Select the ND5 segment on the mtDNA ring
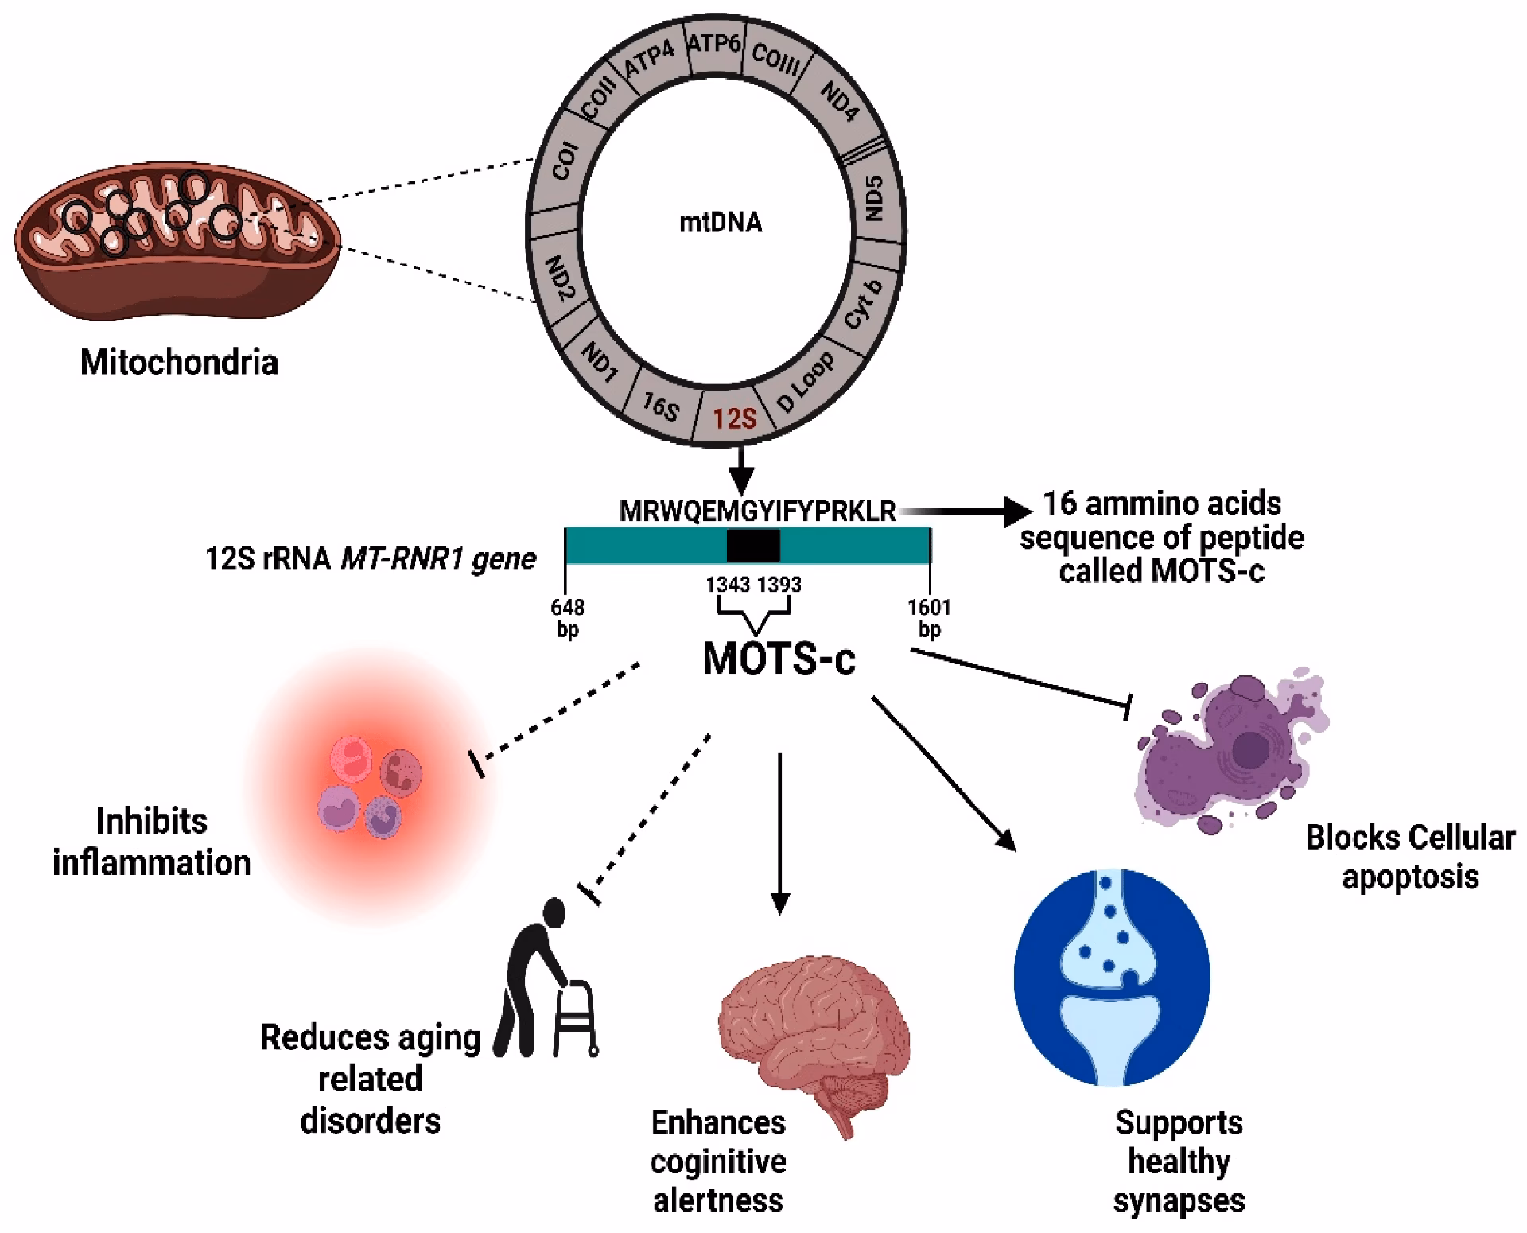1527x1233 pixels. (873, 199)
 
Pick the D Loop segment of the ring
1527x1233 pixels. (805, 383)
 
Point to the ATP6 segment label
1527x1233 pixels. (713, 41)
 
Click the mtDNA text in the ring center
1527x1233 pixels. (721, 223)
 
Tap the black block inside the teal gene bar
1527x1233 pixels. (753, 546)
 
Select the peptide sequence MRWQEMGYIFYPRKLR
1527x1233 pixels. (757, 511)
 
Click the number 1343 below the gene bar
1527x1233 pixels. (728, 585)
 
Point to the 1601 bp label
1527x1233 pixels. (929, 618)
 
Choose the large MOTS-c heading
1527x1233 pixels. (779, 659)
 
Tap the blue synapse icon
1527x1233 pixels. (1112, 978)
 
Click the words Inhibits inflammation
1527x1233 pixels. (151, 842)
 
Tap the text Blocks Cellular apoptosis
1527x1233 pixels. (1410, 857)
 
